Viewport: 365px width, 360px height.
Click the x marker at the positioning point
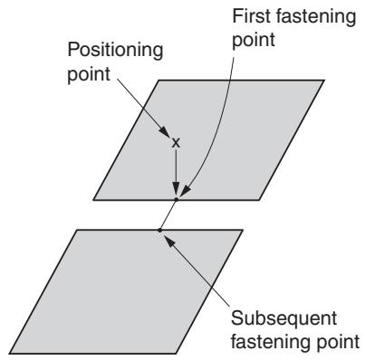coord(176,143)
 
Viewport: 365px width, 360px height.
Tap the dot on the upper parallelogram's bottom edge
coord(177,199)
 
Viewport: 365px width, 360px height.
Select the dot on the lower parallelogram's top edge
coord(159,231)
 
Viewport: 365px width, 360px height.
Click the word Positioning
coord(115,51)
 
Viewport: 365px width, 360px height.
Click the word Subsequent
coord(283,318)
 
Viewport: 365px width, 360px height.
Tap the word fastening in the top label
coord(315,16)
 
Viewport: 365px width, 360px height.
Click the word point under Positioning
coord(89,74)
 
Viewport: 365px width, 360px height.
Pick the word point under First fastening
coord(254,40)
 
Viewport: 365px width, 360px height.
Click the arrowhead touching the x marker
coord(165,132)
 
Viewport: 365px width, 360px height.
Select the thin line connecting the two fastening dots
coord(168,214)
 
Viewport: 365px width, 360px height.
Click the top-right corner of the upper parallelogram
coord(323,81)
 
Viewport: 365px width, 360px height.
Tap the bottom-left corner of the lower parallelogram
coord(10,353)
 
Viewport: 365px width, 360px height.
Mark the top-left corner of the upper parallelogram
coord(159,81)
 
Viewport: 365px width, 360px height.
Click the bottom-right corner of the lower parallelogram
coord(176,353)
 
